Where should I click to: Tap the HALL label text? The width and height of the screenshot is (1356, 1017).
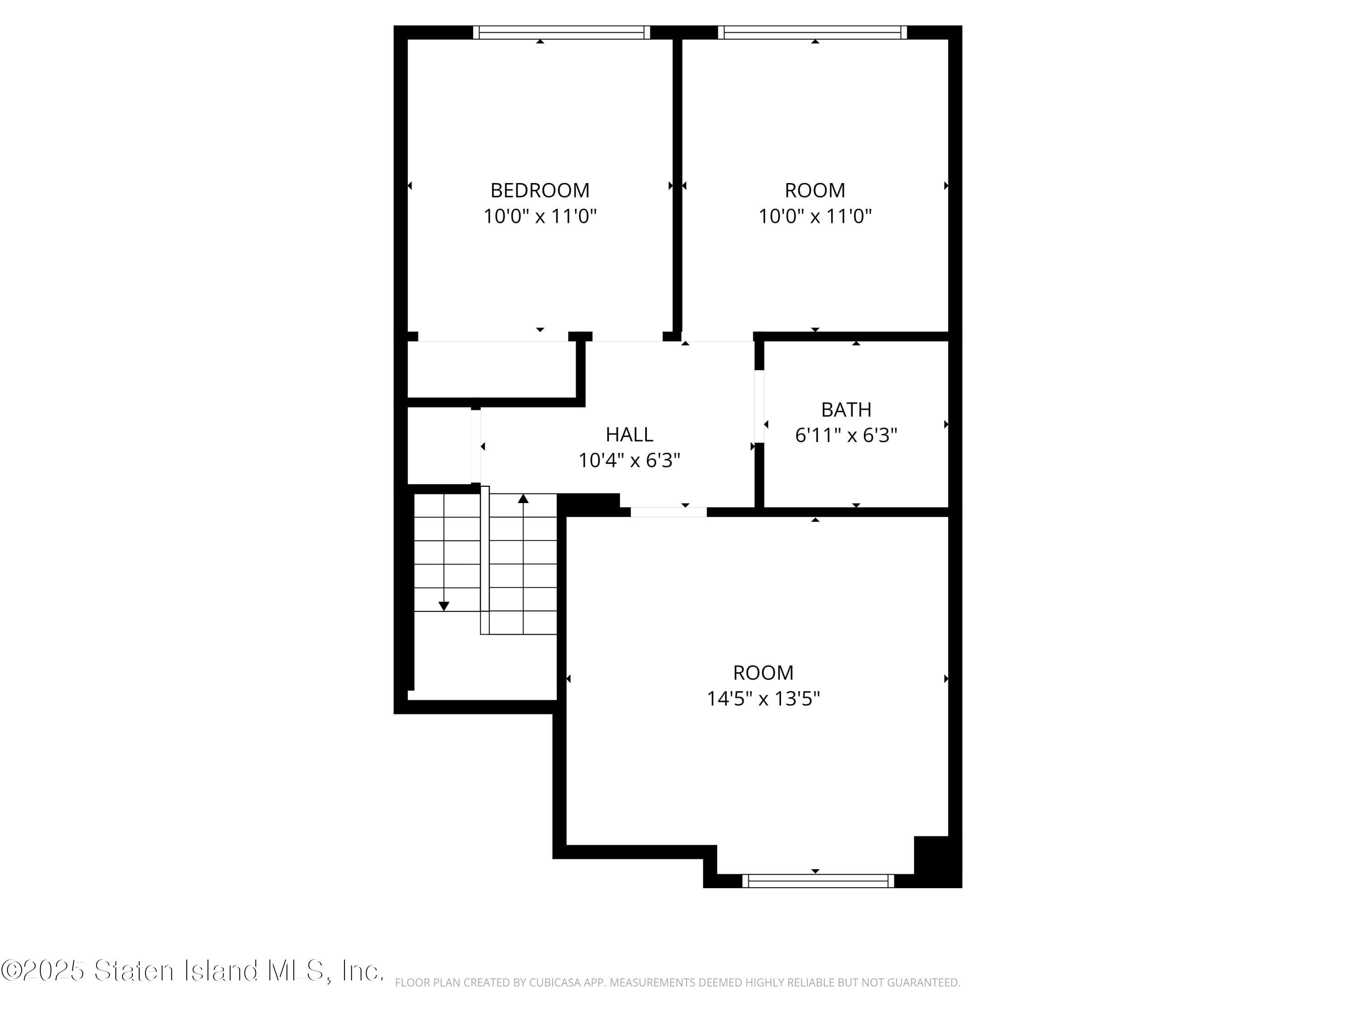pos(629,435)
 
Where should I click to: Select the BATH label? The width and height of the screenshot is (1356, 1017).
pos(846,410)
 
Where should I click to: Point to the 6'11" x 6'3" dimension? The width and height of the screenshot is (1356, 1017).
pos(846,435)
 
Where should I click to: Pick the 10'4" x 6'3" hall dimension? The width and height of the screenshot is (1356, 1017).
pos(629,461)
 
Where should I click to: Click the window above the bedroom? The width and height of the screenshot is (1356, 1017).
pos(561,33)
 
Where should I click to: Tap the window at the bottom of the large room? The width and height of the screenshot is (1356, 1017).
pos(818,881)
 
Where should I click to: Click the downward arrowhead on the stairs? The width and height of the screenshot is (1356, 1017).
pos(444,606)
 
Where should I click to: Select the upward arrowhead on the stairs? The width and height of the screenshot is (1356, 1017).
pos(523,499)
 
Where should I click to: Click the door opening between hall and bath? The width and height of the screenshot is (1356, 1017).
pos(759,406)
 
